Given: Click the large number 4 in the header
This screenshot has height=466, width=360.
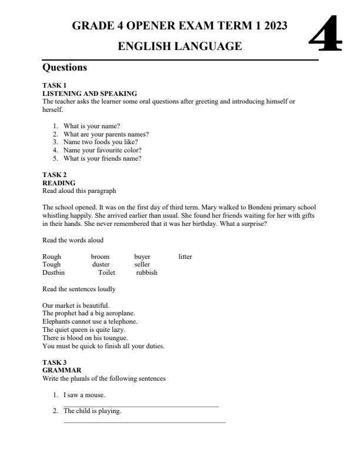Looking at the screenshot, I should [325, 35].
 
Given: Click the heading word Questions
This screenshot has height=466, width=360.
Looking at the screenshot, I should [65, 68].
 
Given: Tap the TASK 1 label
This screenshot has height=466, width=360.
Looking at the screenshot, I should [55, 85].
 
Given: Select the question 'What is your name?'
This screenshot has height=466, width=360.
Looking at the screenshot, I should [92, 126].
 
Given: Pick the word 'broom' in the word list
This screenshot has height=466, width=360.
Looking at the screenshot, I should [100, 257].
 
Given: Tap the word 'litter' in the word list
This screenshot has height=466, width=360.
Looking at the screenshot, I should [185, 257].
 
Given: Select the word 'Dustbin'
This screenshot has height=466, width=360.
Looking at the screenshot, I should [54, 272].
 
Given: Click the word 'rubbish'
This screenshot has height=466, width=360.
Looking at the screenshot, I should [146, 272].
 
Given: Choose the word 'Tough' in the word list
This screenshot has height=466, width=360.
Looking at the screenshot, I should [52, 265].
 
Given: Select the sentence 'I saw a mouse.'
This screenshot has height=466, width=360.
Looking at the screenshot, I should [84, 395].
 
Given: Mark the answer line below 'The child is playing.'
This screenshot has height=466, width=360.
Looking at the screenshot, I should [144, 422].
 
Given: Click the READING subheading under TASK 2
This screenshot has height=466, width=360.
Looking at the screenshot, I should [59, 183].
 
